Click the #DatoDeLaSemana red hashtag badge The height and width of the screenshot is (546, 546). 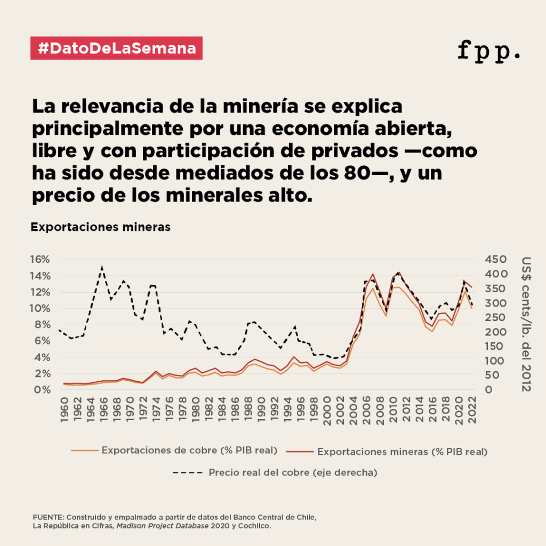coord(117,49)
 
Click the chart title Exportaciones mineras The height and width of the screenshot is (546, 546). coord(100,227)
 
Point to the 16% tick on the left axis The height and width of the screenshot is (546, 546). coord(39,259)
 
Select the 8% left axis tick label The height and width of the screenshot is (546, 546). coord(42,324)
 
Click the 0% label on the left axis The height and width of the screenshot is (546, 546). coord(42,390)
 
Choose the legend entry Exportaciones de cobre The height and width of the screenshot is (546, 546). coord(189,450)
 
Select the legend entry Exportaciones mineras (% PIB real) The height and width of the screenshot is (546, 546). coord(402,452)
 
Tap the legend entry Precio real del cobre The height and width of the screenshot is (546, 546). coord(293,472)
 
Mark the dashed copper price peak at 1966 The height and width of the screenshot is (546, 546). coord(102,267)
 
